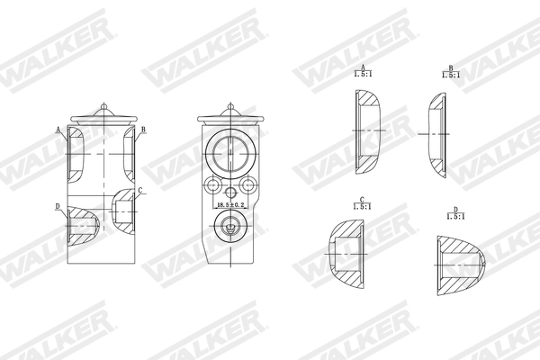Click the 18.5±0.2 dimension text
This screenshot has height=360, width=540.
pos(231,206)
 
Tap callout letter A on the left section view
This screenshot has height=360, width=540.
pos(58,130)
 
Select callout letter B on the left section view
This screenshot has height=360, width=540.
pos(143,130)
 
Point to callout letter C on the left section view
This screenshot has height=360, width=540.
pos(139,190)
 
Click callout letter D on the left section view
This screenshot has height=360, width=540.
pos(58,207)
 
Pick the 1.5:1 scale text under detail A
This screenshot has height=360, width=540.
pos(362,76)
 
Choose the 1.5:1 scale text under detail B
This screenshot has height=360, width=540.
pos(451,76)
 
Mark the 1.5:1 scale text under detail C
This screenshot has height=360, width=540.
pos(362,207)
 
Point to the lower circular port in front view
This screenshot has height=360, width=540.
pos(231,229)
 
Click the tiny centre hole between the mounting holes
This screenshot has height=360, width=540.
pos(231,192)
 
